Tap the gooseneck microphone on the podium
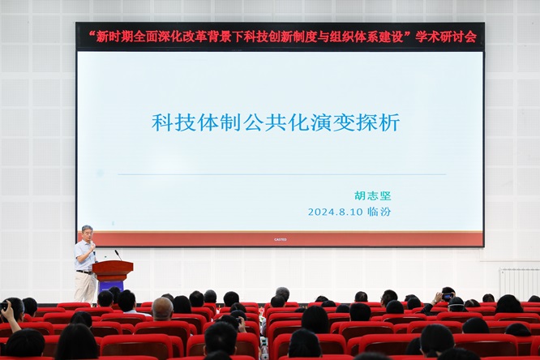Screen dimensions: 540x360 click(x=118, y=255)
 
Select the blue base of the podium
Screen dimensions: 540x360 click(x=110, y=287)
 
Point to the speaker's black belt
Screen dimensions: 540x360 click(x=84, y=272)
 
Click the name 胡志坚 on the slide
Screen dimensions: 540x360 click(x=373, y=196)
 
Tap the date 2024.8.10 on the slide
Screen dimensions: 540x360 click(x=336, y=212)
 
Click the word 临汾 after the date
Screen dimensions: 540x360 click(x=379, y=211)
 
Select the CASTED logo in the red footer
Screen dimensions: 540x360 click(x=281, y=239)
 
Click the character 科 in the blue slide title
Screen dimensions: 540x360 click(x=162, y=122)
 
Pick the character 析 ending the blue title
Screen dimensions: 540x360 click(x=389, y=122)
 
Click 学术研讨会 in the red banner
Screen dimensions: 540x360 click(x=446, y=36)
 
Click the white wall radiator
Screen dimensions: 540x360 click(x=520, y=284)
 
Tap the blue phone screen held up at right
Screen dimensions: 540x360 click(x=448, y=296)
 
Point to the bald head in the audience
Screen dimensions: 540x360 click(x=162, y=307)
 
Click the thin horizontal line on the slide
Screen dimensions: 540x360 click(x=281, y=174)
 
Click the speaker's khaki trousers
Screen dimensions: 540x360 click(x=84, y=287)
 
